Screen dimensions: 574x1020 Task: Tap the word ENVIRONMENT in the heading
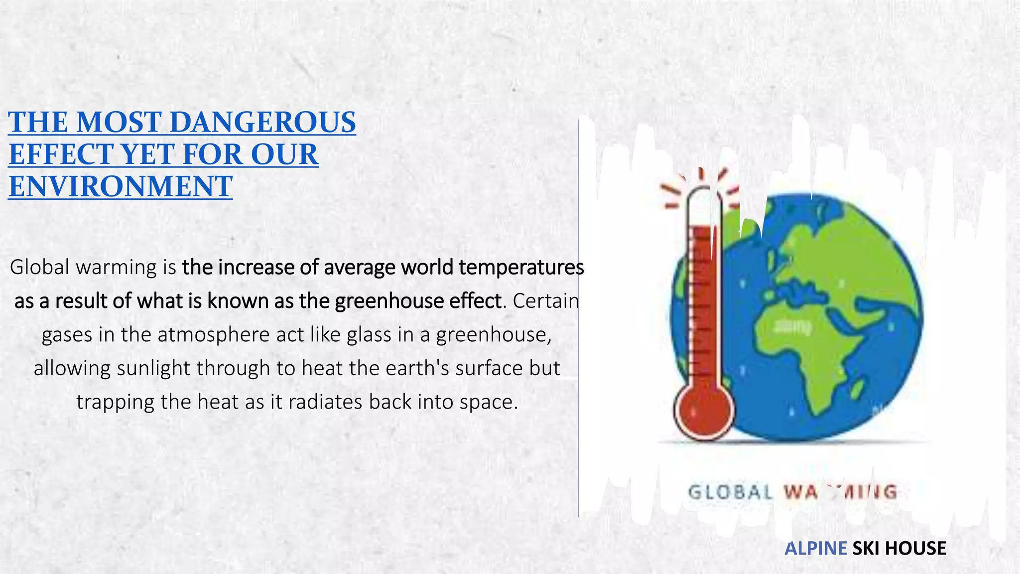[121, 186]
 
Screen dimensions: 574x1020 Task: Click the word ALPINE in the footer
[815, 548]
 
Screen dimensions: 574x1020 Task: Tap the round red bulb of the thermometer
[703, 411]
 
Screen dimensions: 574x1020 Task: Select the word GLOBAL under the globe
[730, 492]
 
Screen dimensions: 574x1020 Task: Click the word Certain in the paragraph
[546, 301]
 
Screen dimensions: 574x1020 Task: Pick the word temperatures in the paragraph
[521, 268]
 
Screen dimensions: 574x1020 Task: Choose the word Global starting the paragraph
[39, 268]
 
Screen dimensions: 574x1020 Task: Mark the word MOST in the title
[119, 122]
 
